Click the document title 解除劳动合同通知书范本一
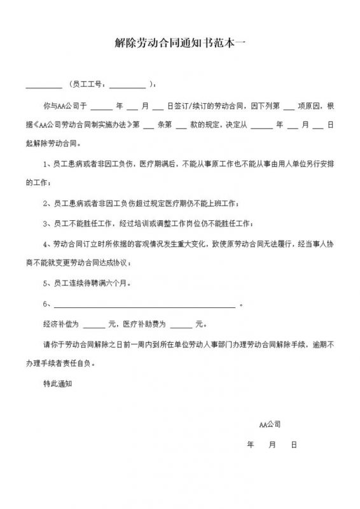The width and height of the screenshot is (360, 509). pyautogui.click(x=181, y=45)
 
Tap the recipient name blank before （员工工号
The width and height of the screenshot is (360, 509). pyautogui.click(x=43, y=84)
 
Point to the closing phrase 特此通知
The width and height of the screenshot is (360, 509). pyautogui.click(x=57, y=384)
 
